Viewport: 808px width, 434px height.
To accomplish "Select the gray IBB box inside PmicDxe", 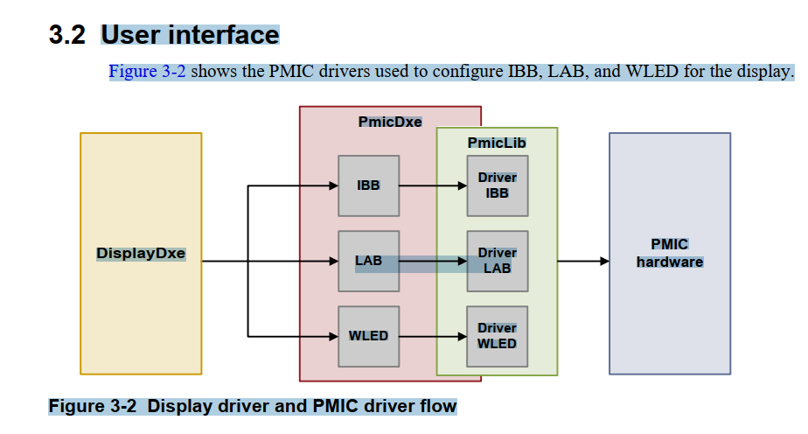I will pos(368,185).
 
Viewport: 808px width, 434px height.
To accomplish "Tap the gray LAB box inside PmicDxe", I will pos(368,261).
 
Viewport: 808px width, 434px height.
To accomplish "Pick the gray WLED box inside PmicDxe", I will pos(368,336).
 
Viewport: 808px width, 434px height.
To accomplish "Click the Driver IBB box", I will pos(497,185).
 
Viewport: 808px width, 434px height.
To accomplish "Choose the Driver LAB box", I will pos(497,261).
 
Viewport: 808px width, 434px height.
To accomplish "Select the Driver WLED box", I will pos(497,336).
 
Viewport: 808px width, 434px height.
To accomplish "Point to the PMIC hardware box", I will pos(670,254).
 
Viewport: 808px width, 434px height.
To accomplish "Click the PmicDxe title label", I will pos(390,122).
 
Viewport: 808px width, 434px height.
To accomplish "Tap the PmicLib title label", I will pos(497,143).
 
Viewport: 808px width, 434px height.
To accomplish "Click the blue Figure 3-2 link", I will pos(147,72).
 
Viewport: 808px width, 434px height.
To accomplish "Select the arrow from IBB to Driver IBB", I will pos(433,185).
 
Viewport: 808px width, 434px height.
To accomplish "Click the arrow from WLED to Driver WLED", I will pos(433,336).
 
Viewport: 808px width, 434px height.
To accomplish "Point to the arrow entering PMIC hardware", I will pos(583,261).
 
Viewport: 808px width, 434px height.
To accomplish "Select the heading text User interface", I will pos(190,35).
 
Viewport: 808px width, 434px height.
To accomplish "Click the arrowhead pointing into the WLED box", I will pos(332,336).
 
